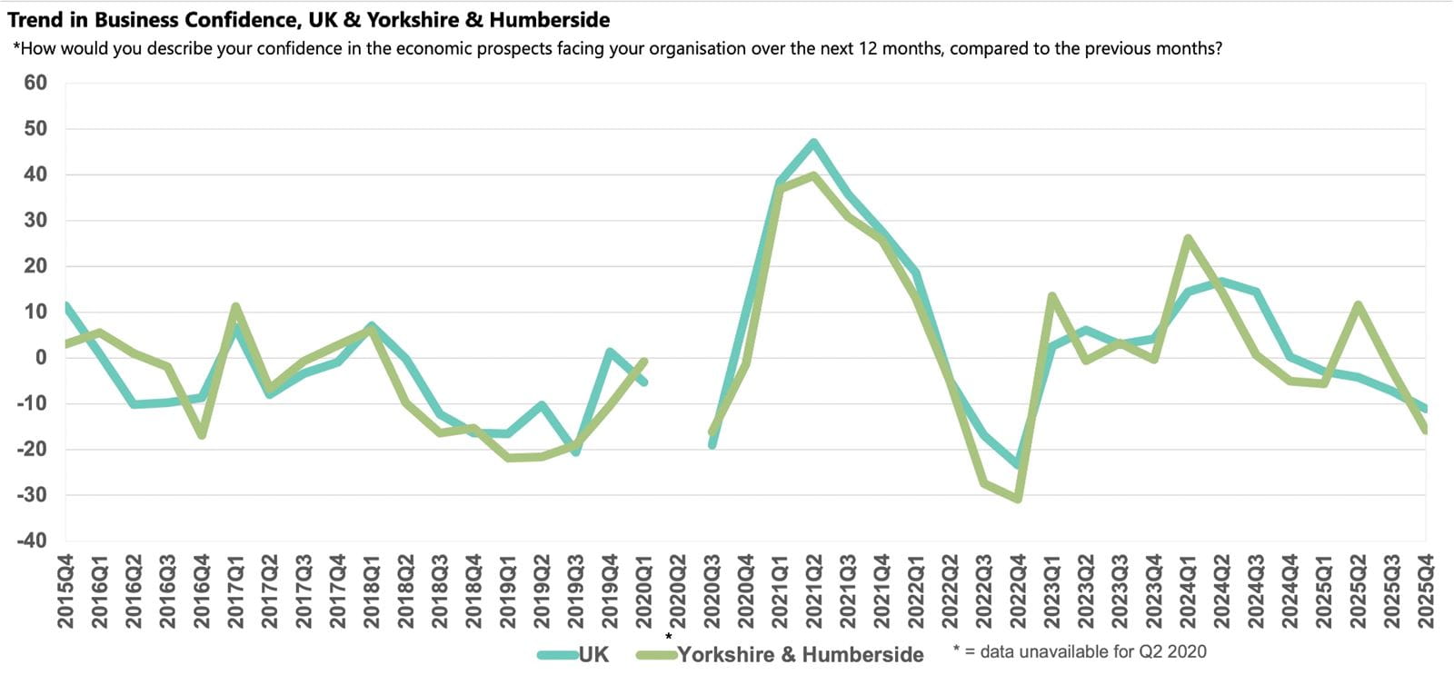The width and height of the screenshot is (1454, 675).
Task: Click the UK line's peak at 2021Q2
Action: pyautogui.click(x=813, y=143)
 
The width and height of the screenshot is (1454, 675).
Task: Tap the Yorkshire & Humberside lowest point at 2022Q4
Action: pyautogui.click(x=1018, y=499)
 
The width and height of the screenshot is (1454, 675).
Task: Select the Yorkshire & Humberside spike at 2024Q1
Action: pyautogui.click(x=1188, y=238)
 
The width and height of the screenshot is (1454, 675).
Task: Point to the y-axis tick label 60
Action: pyautogui.click(x=35, y=83)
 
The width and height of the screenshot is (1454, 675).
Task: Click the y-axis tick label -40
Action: pyautogui.click(x=32, y=541)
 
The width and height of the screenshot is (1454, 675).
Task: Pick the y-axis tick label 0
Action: pyautogui.click(x=41, y=357)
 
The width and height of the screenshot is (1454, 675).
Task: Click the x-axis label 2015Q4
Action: pyautogui.click(x=65, y=591)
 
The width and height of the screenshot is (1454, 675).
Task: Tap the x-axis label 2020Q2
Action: pyautogui.click(x=678, y=591)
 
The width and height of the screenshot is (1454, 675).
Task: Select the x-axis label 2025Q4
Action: pyautogui.click(x=1425, y=591)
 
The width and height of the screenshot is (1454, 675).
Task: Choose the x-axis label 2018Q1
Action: pyautogui.click(x=372, y=591)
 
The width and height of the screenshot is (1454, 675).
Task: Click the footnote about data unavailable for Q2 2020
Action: pyautogui.click(x=1080, y=651)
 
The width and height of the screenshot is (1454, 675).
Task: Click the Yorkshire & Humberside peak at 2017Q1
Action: pyautogui.click(x=235, y=306)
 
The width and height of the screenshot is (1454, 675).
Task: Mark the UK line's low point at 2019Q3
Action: pyautogui.click(x=575, y=452)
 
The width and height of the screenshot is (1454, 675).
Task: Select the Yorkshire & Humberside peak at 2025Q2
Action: pyautogui.click(x=1358, y=304)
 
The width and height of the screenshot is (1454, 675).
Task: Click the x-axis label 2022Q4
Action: pyautogui.click(x=1018, y=591)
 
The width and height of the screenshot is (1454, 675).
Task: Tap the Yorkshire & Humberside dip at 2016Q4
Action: pyautogui.click(x=202, y=435)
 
